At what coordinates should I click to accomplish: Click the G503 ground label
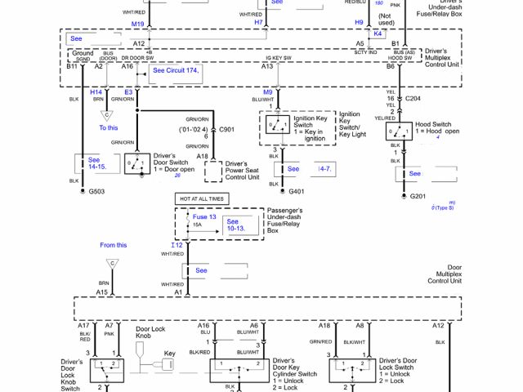pyautogui.click(x=97, y=191)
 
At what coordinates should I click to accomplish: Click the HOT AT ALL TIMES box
pyautogui.click(x=200, y=198)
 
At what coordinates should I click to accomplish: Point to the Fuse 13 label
pyautogui.click(x=204, y=217)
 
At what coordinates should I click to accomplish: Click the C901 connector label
pyautogui.click(x=226, y=129)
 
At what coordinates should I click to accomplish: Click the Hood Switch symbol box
pyautogui.click(x=400, y=131)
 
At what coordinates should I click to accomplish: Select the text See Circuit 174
pyautogui.click(x=176, y=70)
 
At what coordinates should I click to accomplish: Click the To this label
pyautogui.click(x=109, y=128)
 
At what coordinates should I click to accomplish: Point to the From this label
pyautogui.click(x=114, y=245)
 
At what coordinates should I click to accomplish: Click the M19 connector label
pyautogui.click(x=137, y=24)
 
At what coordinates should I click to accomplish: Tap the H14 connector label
pyautogui.click(x=96, y=93)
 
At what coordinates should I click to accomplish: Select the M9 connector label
pyautogui.click(x=266, y=92)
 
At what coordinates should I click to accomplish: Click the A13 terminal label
pyautogui.click(x=267, y=66)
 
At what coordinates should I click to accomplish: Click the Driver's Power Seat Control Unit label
pyautogui.click(x=242, y=170)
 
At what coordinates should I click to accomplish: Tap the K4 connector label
pyautogui.click(x=378, y=33)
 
